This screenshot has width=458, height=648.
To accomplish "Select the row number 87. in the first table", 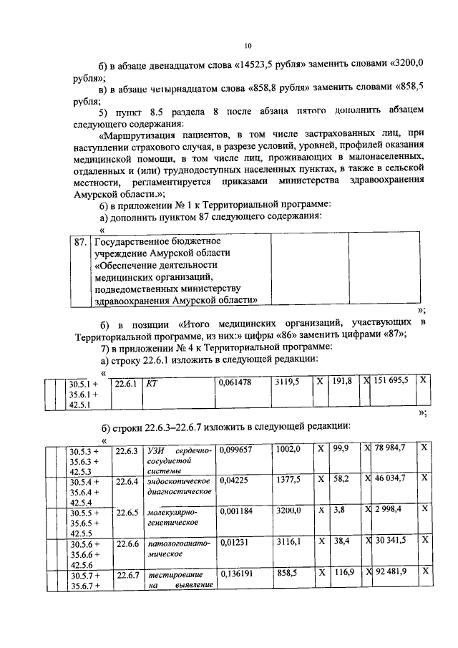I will tap(81, 242).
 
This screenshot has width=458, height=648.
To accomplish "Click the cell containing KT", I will tap(152, 383).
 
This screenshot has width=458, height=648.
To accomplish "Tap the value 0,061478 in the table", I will tap(235, 383).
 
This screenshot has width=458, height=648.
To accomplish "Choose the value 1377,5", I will tap(288, 479).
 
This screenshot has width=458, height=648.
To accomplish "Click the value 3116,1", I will tap(288, 543).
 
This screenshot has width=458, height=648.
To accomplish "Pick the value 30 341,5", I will tap(390, 543).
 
